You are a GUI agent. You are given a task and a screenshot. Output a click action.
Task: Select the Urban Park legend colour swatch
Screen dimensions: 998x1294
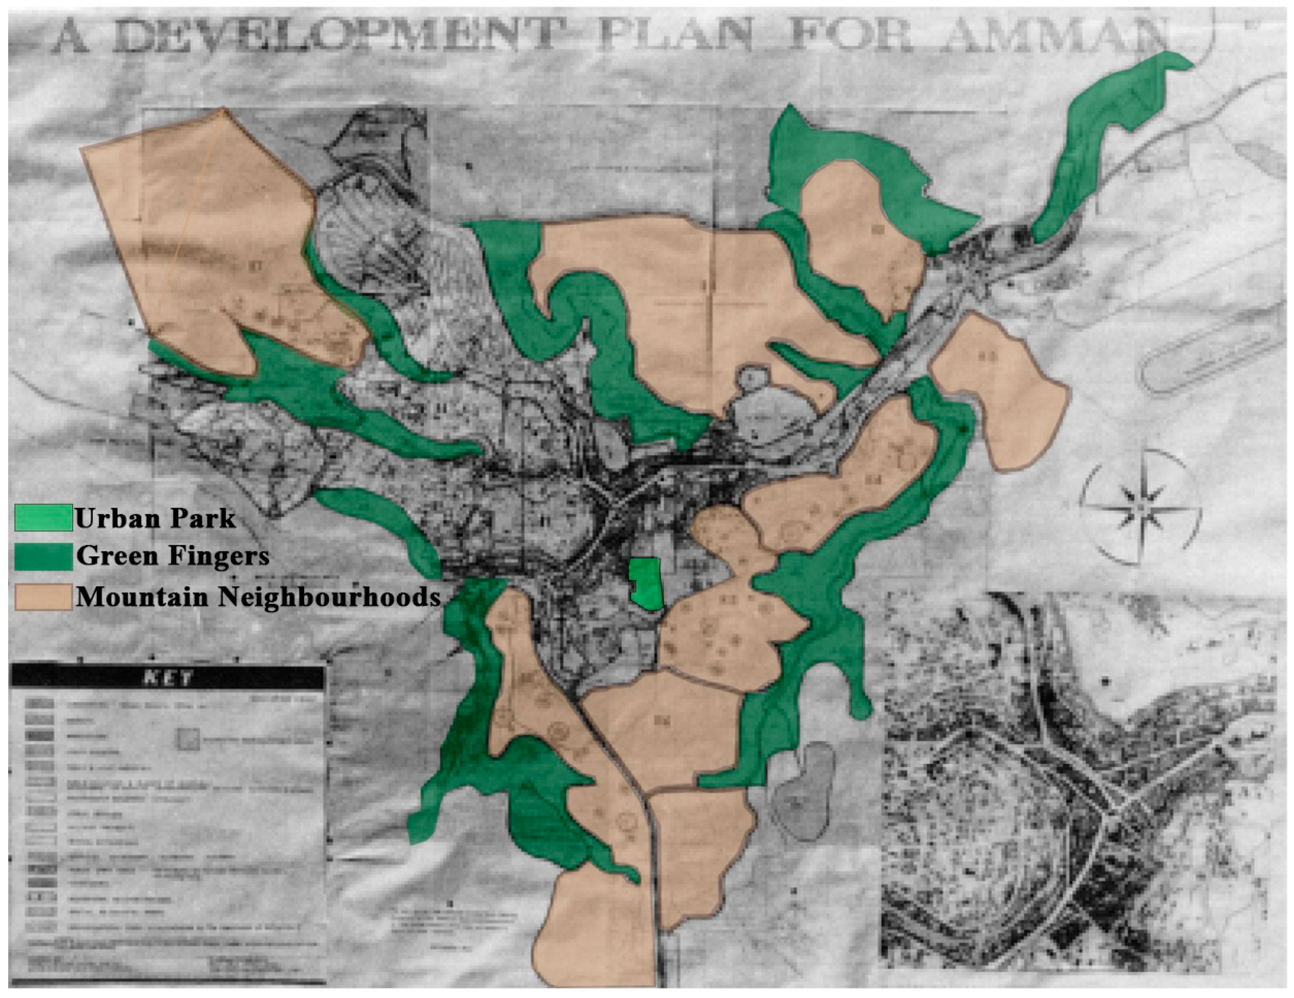tap(43, 518)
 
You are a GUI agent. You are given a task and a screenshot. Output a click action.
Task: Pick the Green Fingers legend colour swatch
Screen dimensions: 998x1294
tap(43, 556)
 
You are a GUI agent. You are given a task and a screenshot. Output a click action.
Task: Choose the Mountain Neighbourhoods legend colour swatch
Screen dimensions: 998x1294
tap(43, 596)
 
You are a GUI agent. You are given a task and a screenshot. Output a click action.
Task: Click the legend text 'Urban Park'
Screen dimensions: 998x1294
tap(155, 519)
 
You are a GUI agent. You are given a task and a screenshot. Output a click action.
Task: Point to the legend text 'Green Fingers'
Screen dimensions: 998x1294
tap(172, 556)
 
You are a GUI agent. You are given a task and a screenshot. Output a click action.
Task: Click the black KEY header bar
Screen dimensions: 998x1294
tap(168, 678)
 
